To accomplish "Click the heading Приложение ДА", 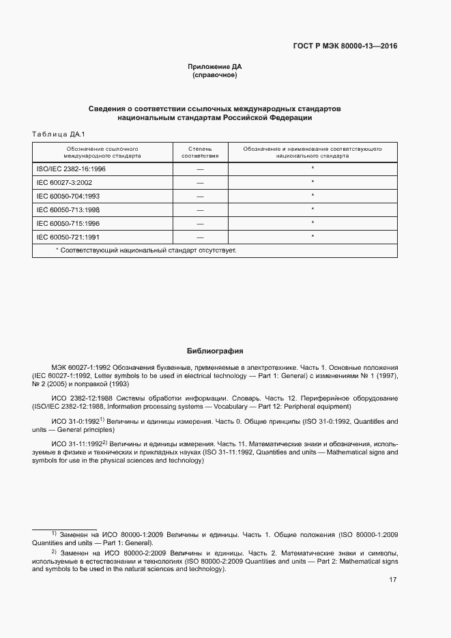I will (x=215, y=67).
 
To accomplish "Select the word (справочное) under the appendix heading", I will (x=215, y=75).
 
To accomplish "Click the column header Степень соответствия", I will (x=200, y=151).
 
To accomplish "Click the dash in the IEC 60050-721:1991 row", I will (x=200, y=237).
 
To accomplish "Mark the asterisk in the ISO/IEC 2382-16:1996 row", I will (x=312, y=168).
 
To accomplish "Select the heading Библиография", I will (x=215, y=351).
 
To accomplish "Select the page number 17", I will (x=393, y=580).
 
